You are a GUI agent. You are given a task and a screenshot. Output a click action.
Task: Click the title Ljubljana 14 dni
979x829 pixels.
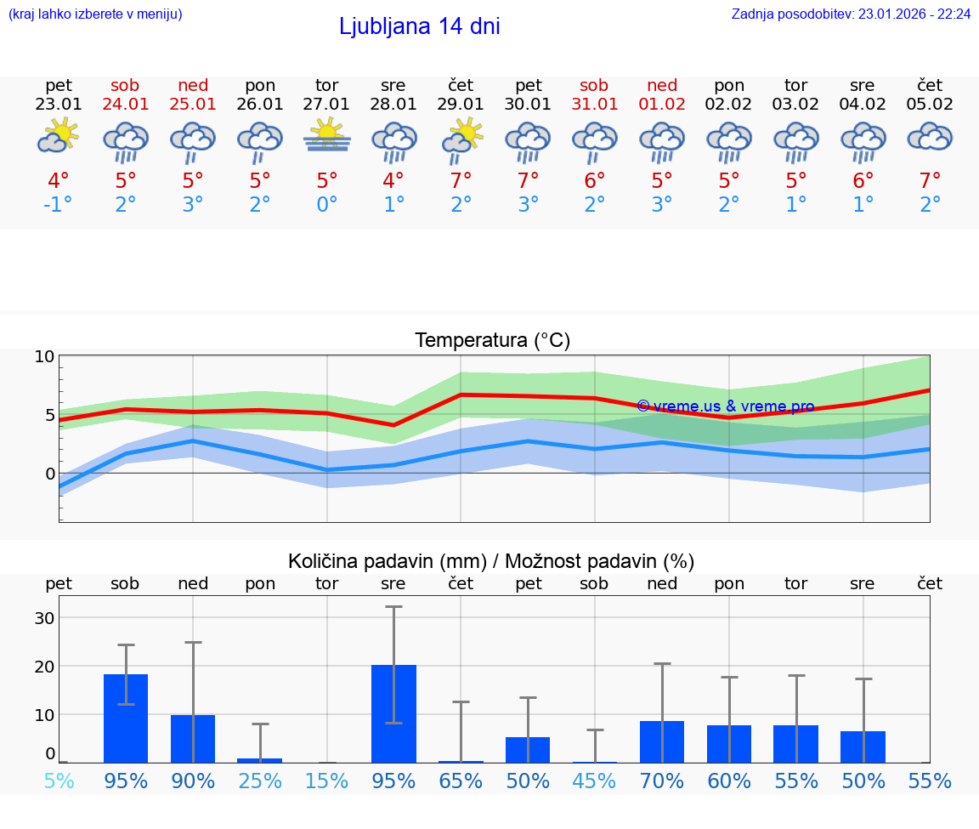tap(419, 26)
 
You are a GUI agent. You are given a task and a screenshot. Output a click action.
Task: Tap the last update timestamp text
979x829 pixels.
tap(851, 14)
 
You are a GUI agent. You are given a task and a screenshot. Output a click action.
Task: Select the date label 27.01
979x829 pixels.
tap(326, 104)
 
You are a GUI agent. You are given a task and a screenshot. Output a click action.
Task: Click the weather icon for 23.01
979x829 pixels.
tap(58, 137)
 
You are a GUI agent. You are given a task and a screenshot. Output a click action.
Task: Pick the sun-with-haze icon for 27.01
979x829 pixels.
tap(326, 137)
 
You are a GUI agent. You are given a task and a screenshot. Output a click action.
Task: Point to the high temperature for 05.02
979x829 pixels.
tap(930, 181)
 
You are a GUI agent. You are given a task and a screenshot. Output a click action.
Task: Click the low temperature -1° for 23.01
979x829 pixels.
tap(58, 205)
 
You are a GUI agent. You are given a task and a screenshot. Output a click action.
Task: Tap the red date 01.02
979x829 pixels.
tap(662, 104)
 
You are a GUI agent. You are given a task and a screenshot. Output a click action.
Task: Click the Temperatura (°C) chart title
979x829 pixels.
tap(492, 340)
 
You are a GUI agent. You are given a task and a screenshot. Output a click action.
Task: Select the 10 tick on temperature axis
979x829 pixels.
tap(44, 356)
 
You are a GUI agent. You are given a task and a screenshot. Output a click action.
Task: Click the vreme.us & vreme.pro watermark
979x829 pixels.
tap(725, 406)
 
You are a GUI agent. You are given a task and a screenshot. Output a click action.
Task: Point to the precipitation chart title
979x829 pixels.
tap(491, 561)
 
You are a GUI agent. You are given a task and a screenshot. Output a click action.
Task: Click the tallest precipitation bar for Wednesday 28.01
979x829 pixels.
tap(393, 713)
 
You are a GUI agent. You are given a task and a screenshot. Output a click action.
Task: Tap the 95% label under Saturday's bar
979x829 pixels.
tap(126, 781)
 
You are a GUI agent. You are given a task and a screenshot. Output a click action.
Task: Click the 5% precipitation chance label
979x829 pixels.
tap(59, 781)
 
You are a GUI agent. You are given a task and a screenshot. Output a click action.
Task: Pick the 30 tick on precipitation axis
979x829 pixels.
tap(43, 617)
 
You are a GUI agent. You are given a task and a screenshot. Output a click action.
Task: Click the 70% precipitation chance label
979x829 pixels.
tap(662, 781)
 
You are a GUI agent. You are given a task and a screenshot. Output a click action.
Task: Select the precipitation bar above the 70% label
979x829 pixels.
tap(662, 741)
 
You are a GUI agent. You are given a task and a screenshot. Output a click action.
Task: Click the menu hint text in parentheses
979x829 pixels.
tap(94, 14)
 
